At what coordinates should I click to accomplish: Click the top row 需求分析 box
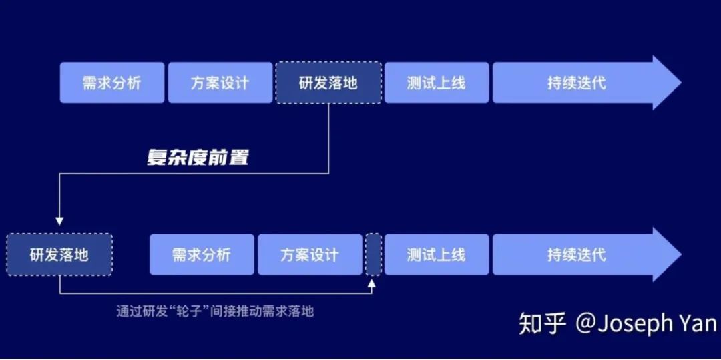click(111, 83)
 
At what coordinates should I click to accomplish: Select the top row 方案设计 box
click(220, 83)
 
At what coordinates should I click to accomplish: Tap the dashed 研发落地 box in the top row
click(328, 83)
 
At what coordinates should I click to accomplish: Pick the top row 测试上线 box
click(437, 83)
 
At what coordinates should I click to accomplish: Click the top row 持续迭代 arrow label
click(577, 83)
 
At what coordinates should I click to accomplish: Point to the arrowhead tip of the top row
click(681, 83)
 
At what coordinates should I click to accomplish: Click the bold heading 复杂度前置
click(198, 158)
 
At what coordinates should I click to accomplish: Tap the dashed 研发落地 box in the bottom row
click(59, 254)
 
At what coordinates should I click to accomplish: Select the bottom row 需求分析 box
click(202, 254)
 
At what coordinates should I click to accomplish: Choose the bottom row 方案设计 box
click(310, 254)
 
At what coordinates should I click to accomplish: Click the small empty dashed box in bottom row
click(374, 254)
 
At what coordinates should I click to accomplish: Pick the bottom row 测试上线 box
click(437, 254)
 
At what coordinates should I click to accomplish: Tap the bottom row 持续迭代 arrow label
click(577, 254)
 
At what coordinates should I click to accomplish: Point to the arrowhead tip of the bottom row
click(681, 254)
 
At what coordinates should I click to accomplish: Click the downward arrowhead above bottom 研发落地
click(59, 221)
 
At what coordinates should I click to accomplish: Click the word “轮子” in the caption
click(187, 311)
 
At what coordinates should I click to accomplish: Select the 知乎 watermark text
click(542, 324)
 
